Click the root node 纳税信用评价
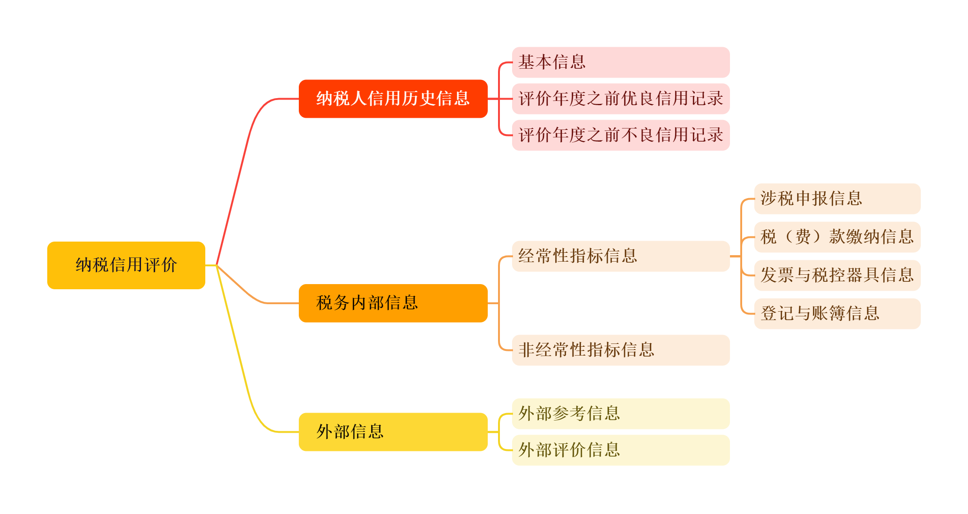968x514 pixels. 126,265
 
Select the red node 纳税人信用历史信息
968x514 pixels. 393,99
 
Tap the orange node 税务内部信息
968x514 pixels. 393,303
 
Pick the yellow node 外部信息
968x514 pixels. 393,431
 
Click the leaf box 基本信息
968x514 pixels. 621,62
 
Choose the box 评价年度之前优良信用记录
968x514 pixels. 621,99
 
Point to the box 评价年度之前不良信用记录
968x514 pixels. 621,135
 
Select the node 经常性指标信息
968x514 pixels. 621,256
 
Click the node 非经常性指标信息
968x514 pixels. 621,350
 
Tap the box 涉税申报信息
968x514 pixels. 837,199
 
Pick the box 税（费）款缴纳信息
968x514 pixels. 837,237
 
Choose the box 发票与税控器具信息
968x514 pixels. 837,275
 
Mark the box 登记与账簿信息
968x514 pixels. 837,314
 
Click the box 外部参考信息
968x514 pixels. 621,414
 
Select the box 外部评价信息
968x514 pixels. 621,450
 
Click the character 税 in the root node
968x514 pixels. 101,265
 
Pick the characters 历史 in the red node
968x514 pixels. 419,99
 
